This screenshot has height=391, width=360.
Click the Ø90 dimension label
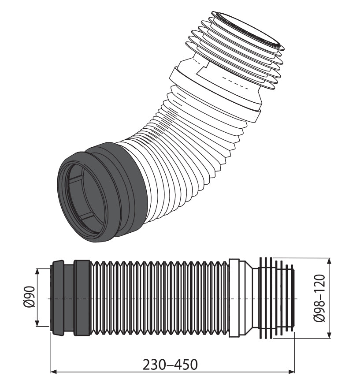pyautogui.click(x=27, y=298)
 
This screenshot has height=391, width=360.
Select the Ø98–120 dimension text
pyautogui.click(x=320, y=298)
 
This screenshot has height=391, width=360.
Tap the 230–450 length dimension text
pyautogui.click(x=170, y=365)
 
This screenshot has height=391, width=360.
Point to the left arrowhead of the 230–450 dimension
pyautogui.click(x=54, y=372)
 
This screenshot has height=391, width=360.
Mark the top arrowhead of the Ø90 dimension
pyautogui.click(x=37, y=271)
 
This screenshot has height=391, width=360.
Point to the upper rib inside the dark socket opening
pyautogui.click(x=75, y=178)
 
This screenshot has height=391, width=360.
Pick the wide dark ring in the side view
pyautogui.click(x=82, y=298)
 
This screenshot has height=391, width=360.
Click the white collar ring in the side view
pyautogui.click(x=234, y=298)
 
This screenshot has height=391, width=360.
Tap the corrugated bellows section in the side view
pyautogui.click(x=159, y=298)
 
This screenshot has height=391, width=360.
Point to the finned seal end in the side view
pyautogui.click(x=275, y=298)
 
